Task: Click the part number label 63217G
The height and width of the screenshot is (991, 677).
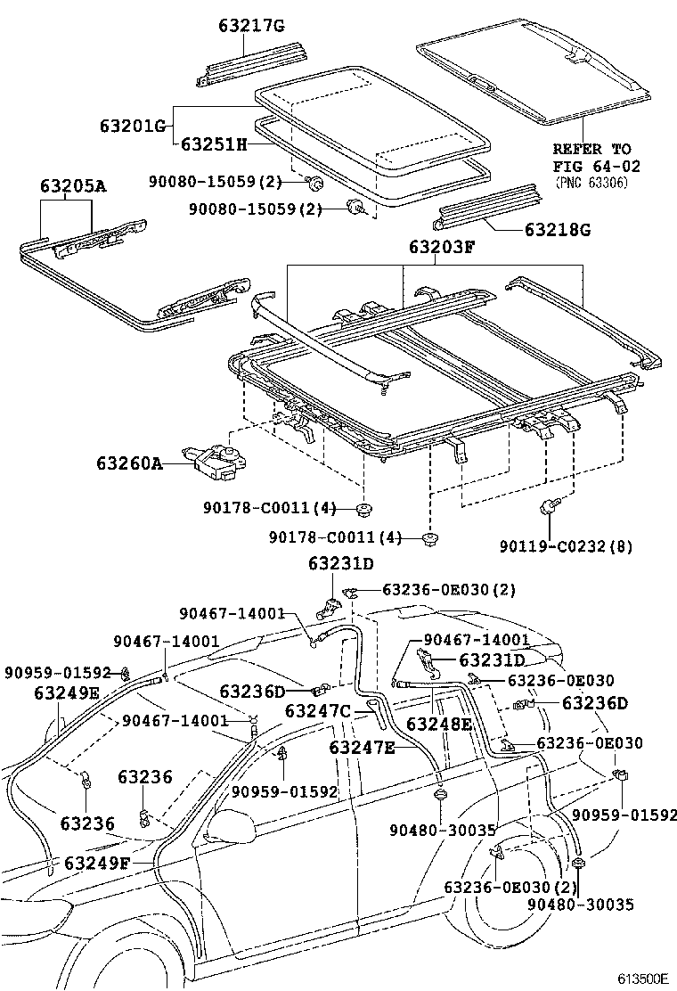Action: point(251,26)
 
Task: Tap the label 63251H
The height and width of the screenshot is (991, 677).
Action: point(214,143)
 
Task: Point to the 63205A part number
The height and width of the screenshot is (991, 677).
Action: point(72,186)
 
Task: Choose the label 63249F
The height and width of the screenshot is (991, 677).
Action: point(97,863)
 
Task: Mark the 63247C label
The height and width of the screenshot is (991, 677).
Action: point(318,710)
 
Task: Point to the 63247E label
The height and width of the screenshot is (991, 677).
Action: point(362,747)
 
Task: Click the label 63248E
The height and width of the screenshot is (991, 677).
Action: point(438,724)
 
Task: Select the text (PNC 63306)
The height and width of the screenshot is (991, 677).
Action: point(591,182)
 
